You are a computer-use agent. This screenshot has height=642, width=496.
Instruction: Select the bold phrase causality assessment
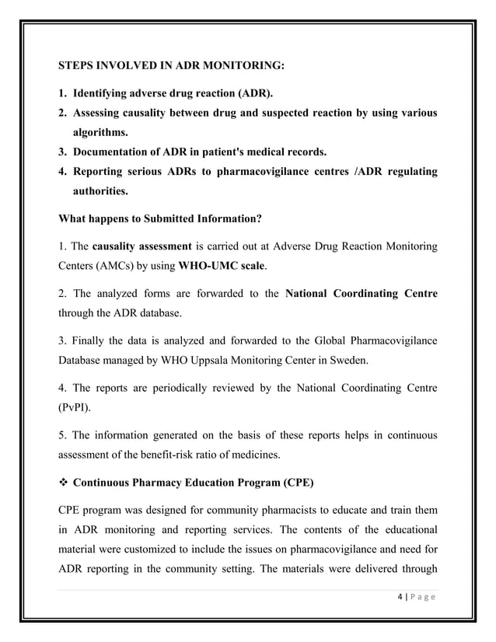pyautogui.click(x=141, y=248)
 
